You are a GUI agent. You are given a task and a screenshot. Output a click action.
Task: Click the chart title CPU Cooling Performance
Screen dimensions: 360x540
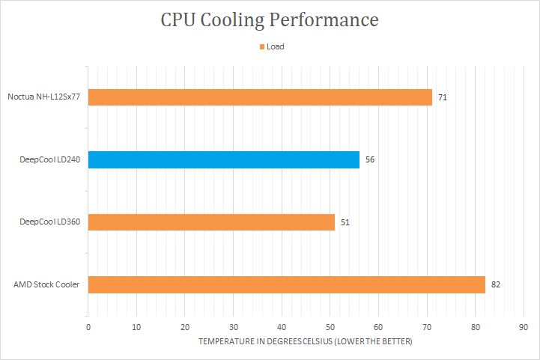click(x=270, y=19)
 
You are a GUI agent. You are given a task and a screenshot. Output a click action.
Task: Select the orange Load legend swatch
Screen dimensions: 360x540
click(x=262, y=46)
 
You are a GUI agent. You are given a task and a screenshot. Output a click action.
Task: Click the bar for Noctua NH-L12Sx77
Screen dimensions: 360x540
click(x=260, y=97)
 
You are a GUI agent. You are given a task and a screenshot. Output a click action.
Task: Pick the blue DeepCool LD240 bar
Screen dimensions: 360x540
click(x=224, y=159)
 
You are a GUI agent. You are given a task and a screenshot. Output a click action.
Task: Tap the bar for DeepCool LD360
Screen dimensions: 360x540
click(x=212, y=222)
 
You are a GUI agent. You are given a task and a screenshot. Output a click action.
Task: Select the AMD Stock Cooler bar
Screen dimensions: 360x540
click(x=287, y=284)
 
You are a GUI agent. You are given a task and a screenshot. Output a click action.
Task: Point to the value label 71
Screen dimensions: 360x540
click(x=443, y=97)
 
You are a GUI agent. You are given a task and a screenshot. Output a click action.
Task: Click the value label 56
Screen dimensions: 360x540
click(x=370, y=159)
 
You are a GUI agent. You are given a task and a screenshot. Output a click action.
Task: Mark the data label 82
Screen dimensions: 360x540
click(x=496, y=284)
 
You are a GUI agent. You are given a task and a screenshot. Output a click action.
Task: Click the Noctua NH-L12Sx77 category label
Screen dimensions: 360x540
click(x=44, y=97)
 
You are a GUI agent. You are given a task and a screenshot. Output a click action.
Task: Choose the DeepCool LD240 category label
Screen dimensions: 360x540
click(x=50, y=159)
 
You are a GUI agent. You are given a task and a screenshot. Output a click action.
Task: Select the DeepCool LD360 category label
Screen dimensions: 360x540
click(x=50, y=222)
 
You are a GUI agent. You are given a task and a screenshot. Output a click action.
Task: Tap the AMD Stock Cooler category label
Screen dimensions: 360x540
click(x=46, y=284)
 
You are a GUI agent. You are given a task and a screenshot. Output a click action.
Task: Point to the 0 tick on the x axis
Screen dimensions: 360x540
click(x=88, y=327)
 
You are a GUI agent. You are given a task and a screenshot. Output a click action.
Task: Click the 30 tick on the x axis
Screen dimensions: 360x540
click(x=234, y=327)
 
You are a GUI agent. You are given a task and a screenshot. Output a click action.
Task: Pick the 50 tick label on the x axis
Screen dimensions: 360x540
click(x=330, y=327)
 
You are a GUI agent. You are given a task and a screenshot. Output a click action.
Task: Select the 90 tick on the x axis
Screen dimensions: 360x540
click(x=524, y=327)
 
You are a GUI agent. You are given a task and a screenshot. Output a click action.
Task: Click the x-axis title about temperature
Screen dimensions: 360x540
click(x=306, y=341)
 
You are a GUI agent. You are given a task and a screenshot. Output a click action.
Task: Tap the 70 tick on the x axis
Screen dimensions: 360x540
click(x=427, y=327)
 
